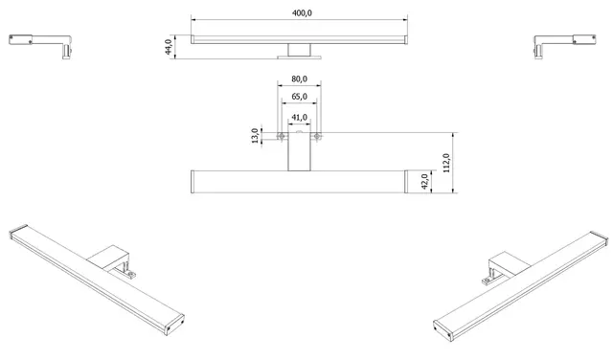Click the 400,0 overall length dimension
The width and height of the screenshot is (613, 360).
click(x=299, y=11)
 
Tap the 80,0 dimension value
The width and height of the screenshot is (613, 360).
click(x=299, y=79)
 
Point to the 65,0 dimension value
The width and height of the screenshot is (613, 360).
click(x=299, y=97)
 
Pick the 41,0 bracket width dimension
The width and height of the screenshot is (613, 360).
click(x=299, y=117)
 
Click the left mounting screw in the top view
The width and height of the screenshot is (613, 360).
click(x=280, y=136)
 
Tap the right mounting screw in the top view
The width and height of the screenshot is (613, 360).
click(x=318, y=136)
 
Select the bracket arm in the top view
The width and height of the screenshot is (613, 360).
click(x=299, y=153)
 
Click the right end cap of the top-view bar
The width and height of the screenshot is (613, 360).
click(x=404, y=182)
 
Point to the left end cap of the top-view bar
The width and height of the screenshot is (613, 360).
click(x=194, y=182)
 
